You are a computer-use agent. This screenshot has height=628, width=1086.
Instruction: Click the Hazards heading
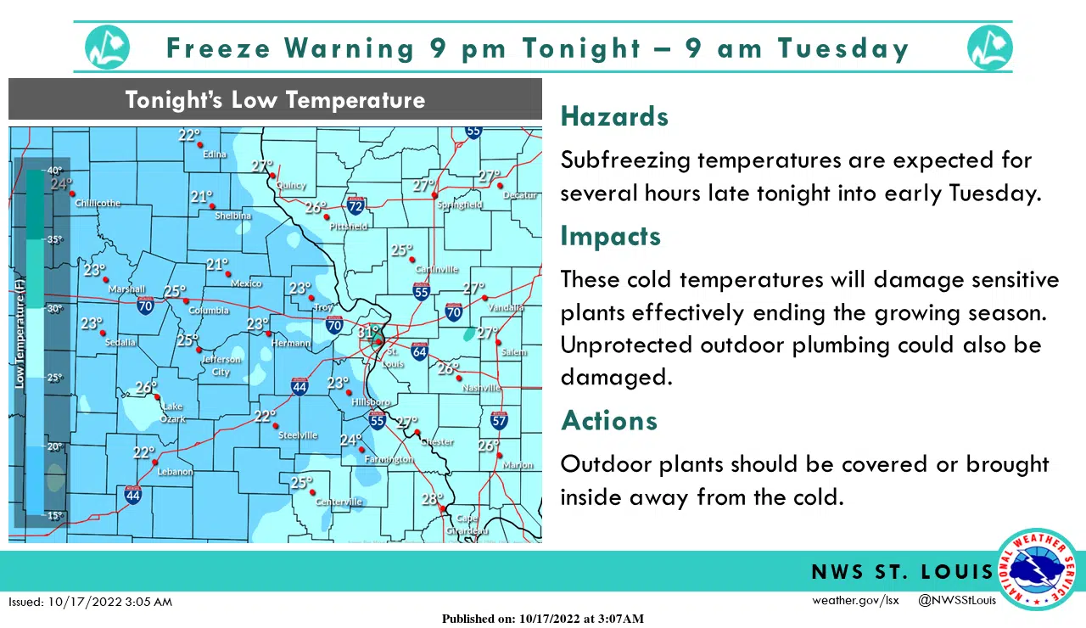(614, 117)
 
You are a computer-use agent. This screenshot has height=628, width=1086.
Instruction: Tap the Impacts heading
(610, 236)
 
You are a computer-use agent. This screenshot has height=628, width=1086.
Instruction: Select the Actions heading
(609, 421)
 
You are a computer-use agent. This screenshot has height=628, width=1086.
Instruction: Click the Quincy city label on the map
(292, 185)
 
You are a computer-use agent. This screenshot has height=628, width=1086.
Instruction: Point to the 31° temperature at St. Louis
(368, 332)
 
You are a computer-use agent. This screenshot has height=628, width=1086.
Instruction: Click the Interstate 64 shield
(419, 350)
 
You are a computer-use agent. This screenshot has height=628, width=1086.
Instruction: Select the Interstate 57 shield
(500, 420)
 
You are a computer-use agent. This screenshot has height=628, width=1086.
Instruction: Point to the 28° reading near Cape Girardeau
(432, 499)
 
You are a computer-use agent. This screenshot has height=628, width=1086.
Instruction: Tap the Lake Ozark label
(172, 412)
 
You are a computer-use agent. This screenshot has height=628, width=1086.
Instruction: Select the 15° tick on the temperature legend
(54, 515)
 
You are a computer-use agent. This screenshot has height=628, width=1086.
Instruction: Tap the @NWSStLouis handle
(957, 601)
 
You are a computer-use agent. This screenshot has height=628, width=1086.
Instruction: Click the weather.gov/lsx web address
(855, 601)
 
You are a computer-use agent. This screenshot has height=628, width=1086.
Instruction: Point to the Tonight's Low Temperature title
(275, 100)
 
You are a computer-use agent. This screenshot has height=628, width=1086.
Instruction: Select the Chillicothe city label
(98, 204)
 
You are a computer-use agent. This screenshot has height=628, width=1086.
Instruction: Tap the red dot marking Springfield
(434, 195)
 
